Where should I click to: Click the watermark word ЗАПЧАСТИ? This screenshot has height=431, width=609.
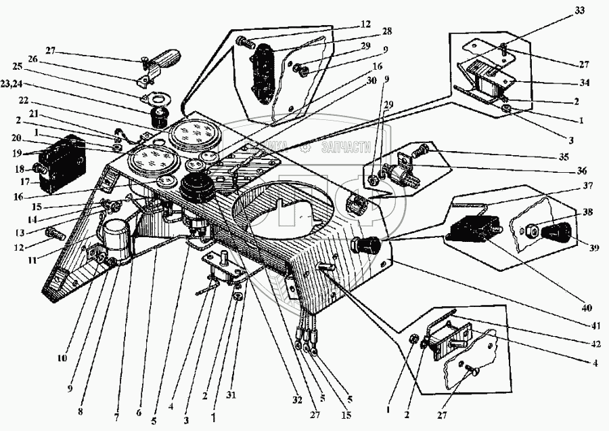(x=348, y=145)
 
